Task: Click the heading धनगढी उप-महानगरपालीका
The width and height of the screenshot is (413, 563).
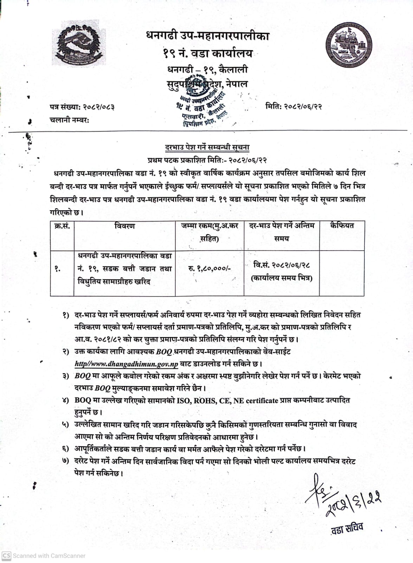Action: (207, 36)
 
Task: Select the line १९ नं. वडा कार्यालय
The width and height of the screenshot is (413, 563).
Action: (207, 53)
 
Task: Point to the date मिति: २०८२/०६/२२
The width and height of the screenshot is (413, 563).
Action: (293, 106)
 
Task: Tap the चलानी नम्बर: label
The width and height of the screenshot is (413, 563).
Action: (69, 120)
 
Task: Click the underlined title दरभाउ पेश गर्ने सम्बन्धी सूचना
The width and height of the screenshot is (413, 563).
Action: (207, 147)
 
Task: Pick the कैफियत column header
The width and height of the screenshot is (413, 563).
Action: (342, 226)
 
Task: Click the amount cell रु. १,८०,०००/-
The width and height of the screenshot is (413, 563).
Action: (209, 268)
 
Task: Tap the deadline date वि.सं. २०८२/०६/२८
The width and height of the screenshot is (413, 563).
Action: (282, 265)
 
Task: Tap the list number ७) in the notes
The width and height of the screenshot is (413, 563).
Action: (66, 461)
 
